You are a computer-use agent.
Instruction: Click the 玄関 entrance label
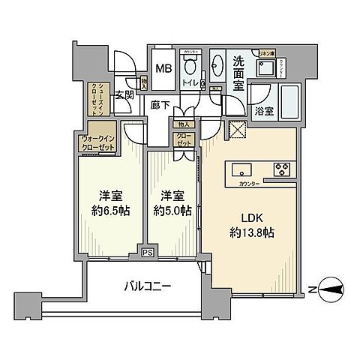pyautogui.click(x=124, y=95)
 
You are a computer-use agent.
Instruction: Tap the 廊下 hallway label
pyautogui.click(x=159, y=105)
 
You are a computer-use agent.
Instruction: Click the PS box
pyautogui.click(x=147, y=253)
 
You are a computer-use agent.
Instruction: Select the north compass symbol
pyautogui.click(x=331, y=287)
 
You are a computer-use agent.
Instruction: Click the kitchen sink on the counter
pyautogui.click(x=241, y=167)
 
